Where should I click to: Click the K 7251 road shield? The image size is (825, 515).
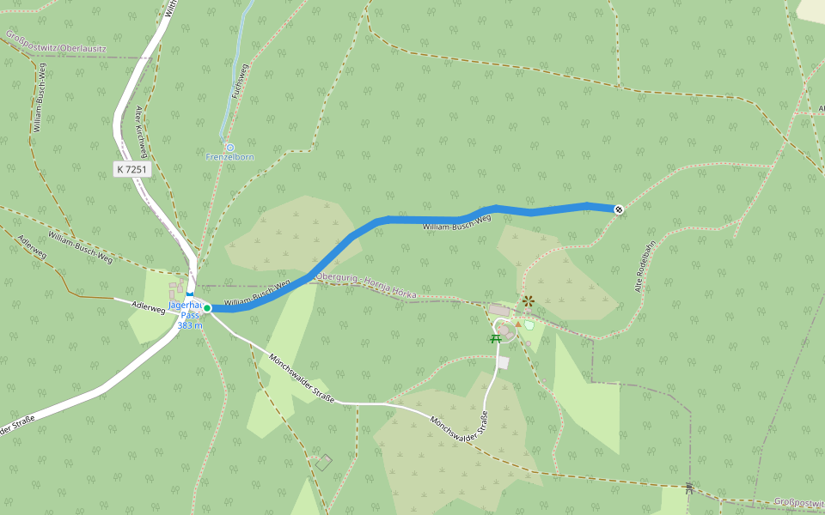click(132, 170)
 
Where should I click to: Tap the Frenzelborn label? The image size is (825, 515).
click(229, 157)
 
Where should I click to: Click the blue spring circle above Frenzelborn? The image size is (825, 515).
click(229, 148)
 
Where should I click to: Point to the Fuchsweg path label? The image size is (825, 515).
click(240, 86)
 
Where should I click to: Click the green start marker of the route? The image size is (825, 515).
click(207, 307)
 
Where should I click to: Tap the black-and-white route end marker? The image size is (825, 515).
click(619, 209)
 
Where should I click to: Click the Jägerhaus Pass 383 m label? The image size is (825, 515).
click(187, 315)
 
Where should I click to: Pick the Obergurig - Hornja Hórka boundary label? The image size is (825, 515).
click(366, 286)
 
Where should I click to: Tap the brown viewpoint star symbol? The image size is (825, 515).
click(529, 300)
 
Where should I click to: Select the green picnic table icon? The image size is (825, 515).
click(496, 339)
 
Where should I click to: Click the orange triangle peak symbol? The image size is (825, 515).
click(518, 324)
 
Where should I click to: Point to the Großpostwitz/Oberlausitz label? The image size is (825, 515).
click(55, 43)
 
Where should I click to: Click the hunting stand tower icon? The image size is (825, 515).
click(688, 488)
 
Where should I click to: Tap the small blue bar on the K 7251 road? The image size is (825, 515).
click(189, 294)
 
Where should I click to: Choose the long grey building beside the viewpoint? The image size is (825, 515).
click(498, 309)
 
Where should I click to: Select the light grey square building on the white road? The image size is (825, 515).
click(503, 363)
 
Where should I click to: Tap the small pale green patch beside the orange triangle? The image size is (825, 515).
click(529, 325)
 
